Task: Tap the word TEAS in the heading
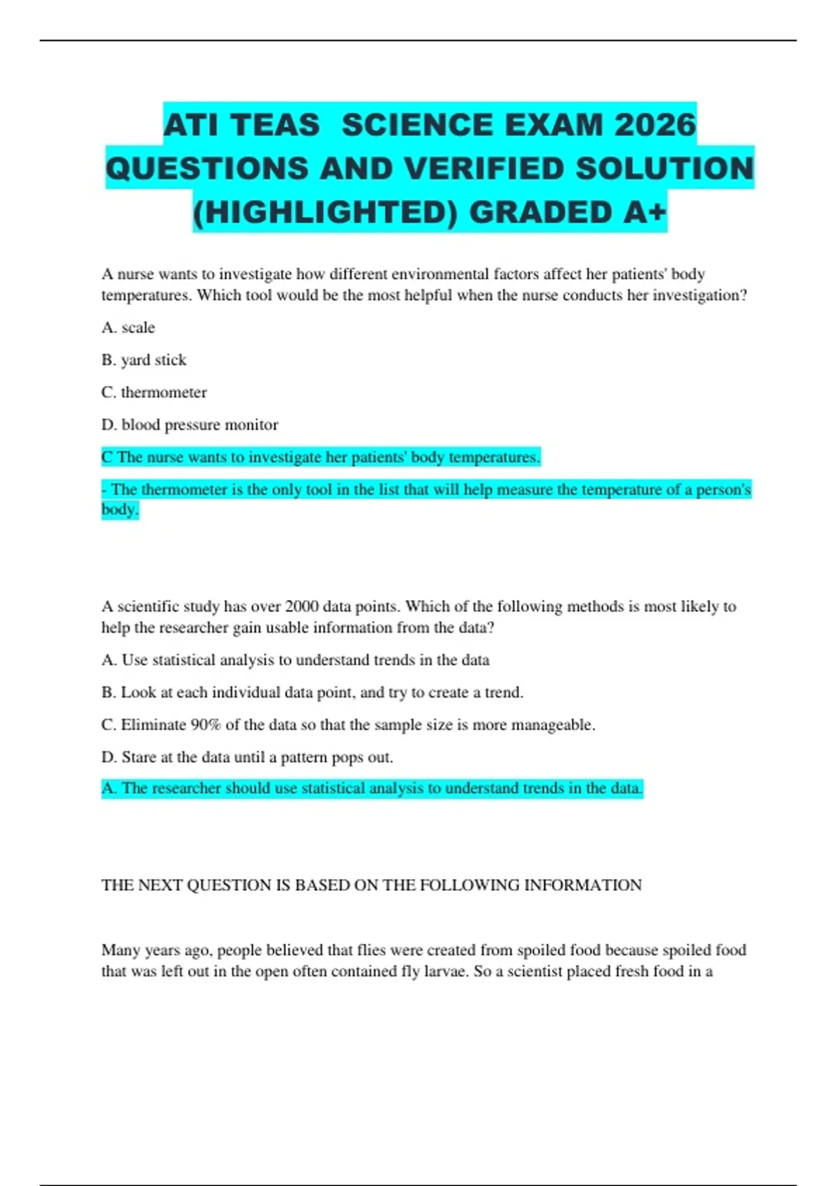pos(275,125)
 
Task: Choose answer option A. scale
pos(128,327)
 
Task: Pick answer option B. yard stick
pos(144,360)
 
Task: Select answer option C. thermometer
pos(154,392)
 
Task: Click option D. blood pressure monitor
pos(190,425)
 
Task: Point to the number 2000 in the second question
pos(302,606)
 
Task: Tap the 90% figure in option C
pos(205,725)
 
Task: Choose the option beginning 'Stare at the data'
pos(248,757)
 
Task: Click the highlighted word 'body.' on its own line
pos(120,509)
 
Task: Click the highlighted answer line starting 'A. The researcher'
pos(372,788)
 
